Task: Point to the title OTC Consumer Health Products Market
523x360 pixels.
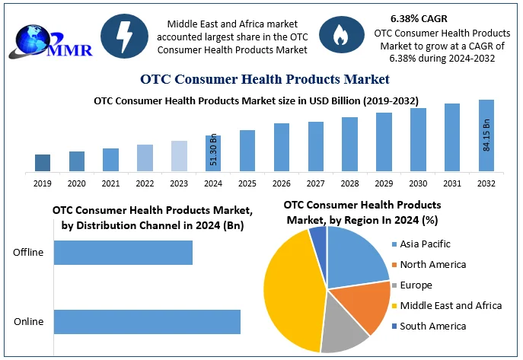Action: pos(265,78)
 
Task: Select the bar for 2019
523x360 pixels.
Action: pos(43,162)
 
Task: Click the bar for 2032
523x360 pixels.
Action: pos(486,135)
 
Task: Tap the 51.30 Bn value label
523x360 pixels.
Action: pos(214,151)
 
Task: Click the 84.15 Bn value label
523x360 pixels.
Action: pos(486,134)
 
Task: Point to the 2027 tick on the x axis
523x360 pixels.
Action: pos(316,183)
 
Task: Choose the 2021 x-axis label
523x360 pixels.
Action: pos(110,183)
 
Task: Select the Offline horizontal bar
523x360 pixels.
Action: pos(123,253)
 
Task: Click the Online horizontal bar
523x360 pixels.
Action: pos(147,321)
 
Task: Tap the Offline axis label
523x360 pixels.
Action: pos(29,253)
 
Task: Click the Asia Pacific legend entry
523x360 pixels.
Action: pos(425,244)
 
